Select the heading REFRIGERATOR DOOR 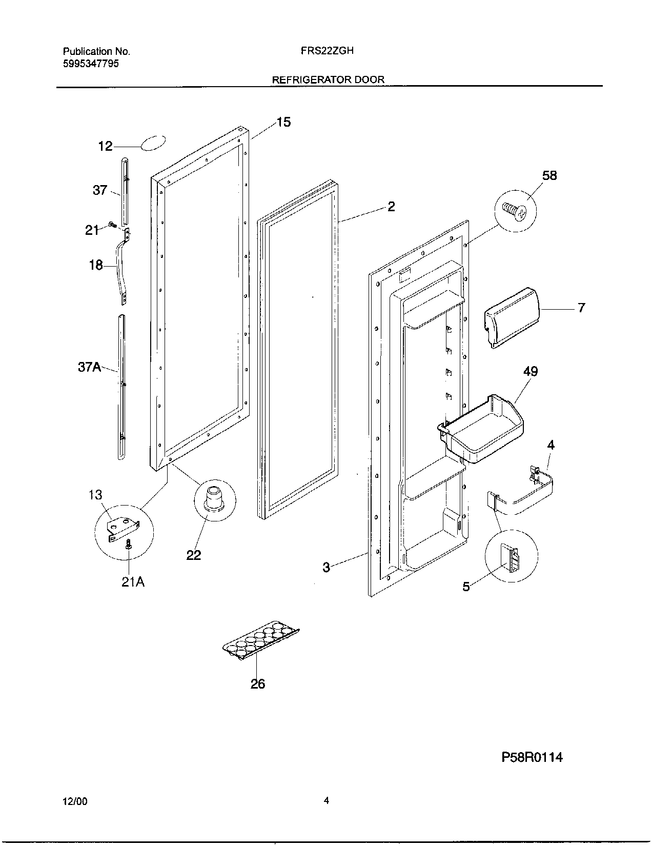point(328,79)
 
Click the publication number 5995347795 point(92,64)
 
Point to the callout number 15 point(283,122)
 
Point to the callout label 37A point(90,367)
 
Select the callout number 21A point(133,582)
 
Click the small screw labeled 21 point(112,225)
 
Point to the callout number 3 point(326,567)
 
